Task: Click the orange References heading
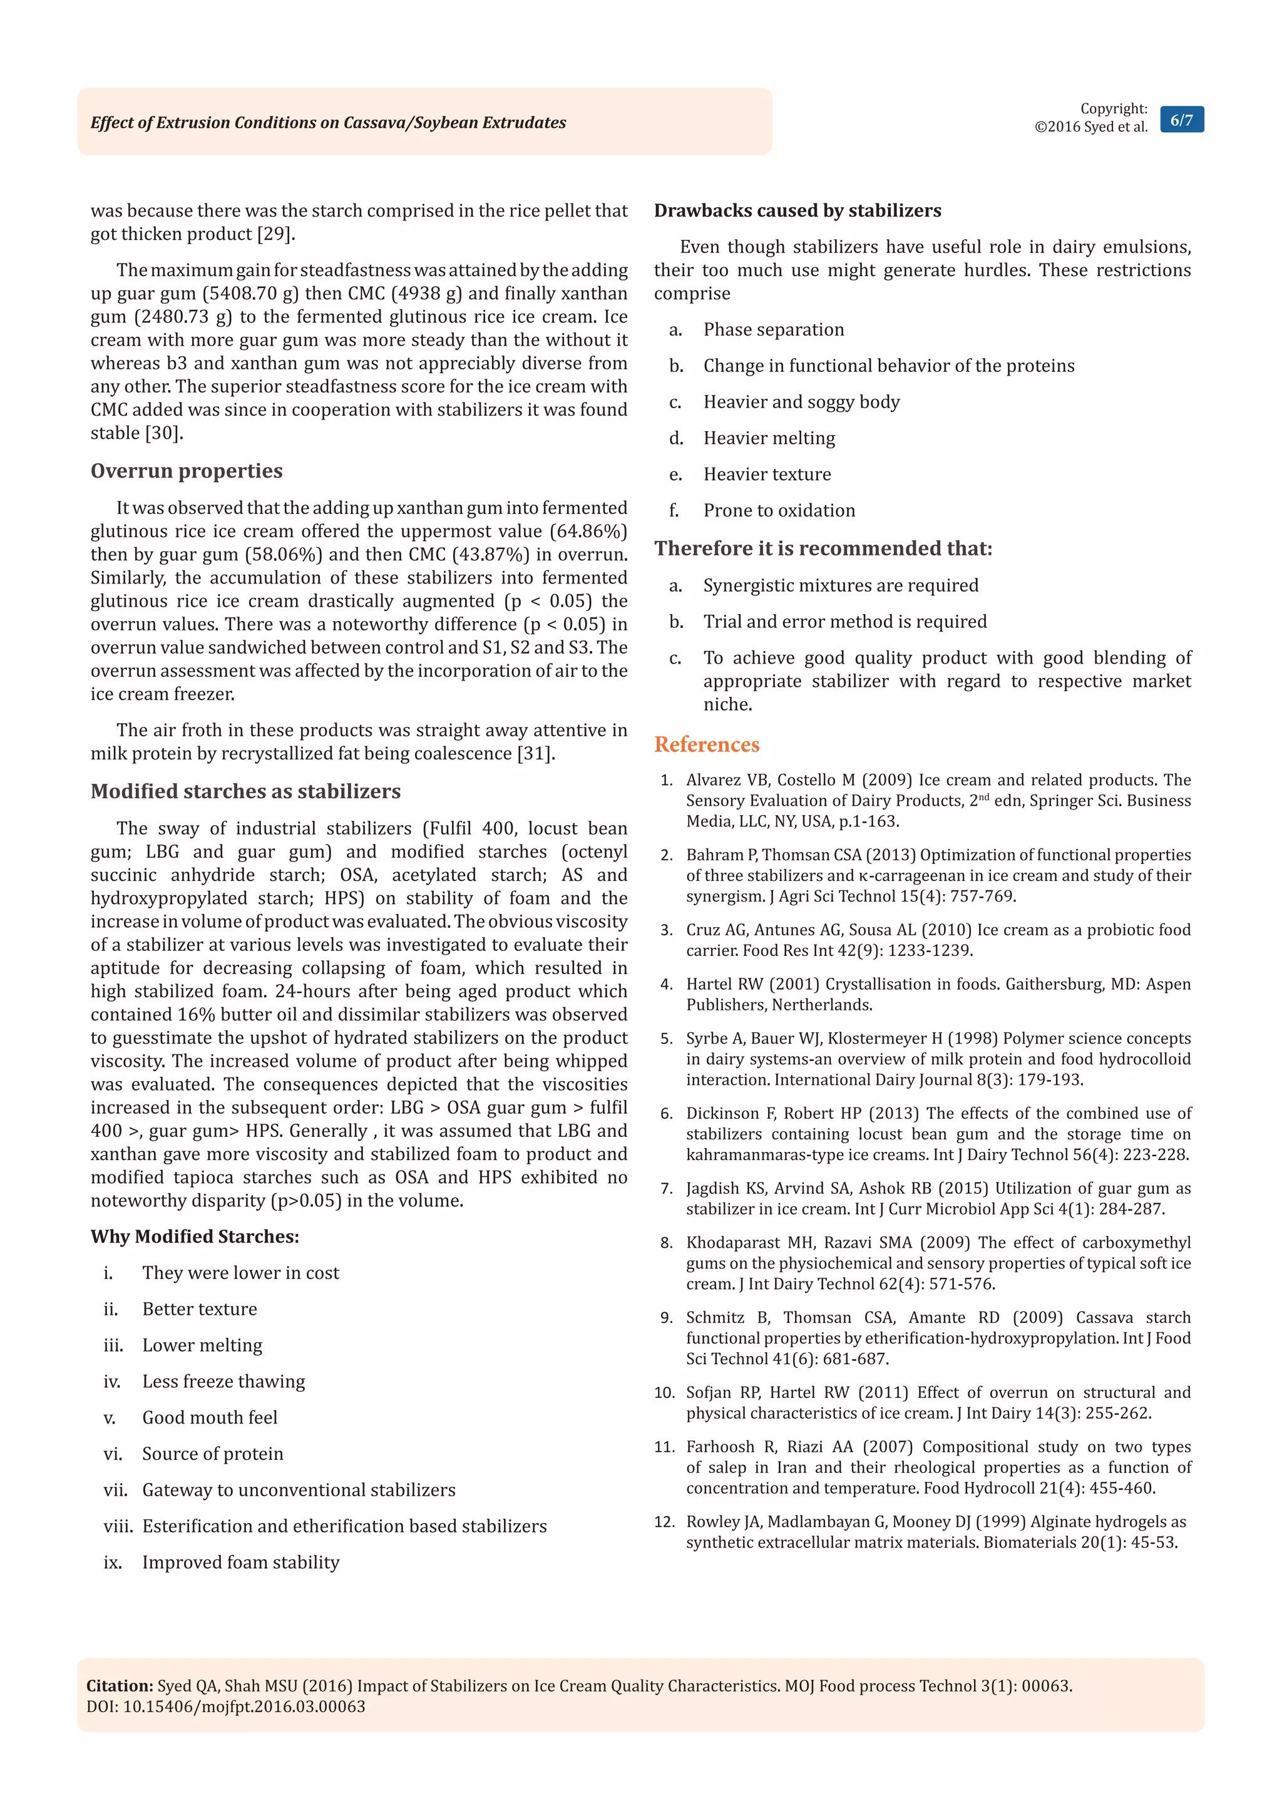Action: (707, 744)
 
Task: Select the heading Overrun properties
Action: (187, 471)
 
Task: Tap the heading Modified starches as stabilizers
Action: (245, 791)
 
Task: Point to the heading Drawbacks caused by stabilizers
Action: (797, 211)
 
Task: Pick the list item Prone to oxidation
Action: (779, 510)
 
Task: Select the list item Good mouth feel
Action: (210, 1417)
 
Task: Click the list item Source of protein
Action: (212, 1454)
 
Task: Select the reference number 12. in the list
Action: (665, 1522)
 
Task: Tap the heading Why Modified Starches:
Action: (195, 1236)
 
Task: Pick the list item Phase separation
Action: (774, 329)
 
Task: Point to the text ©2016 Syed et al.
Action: (1090, 127)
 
